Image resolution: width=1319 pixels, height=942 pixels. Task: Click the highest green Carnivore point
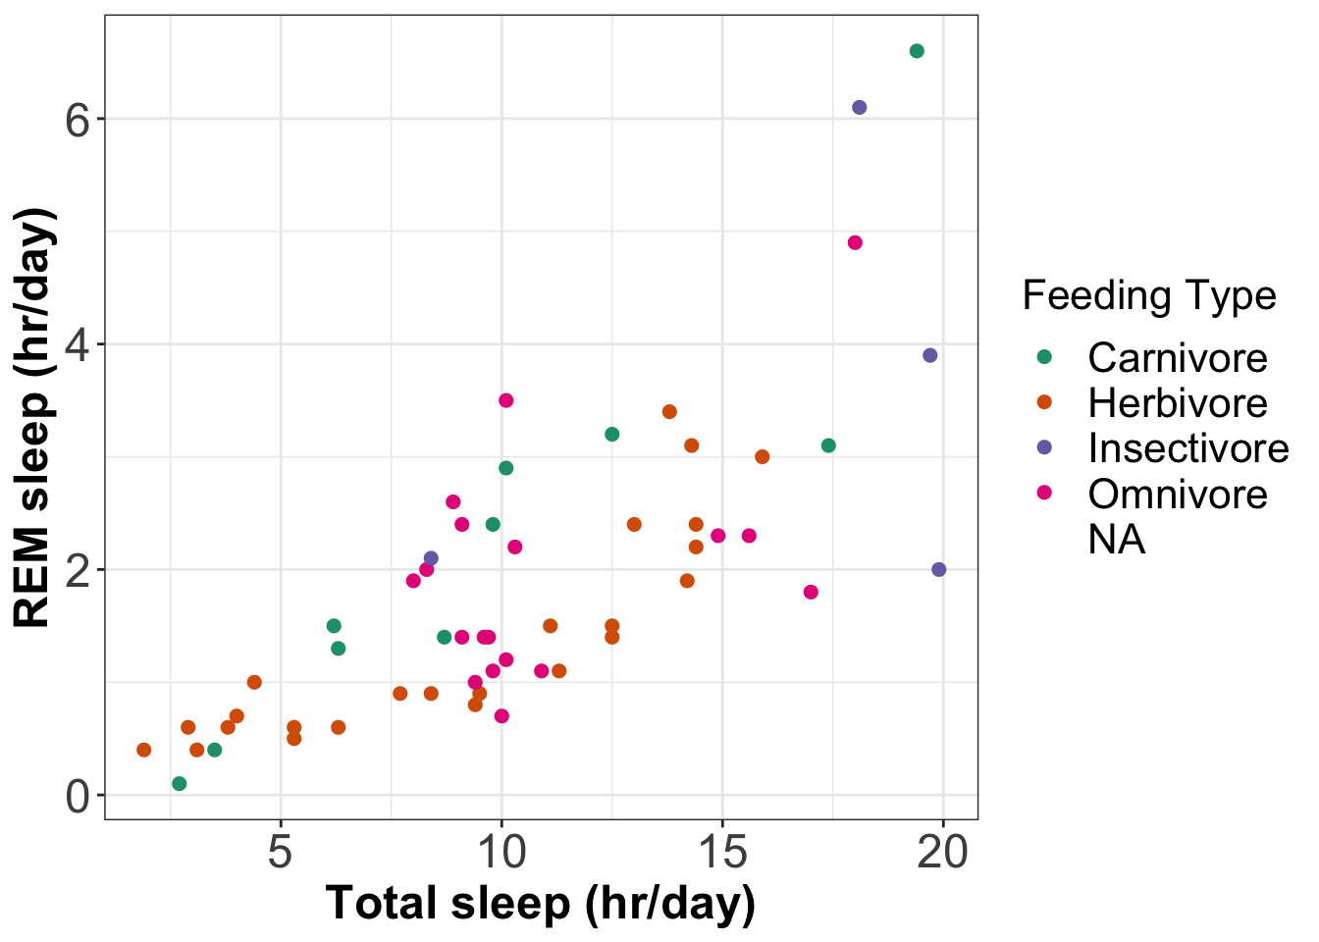[917, 51]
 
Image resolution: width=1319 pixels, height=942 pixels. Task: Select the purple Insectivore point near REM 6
[860, 107]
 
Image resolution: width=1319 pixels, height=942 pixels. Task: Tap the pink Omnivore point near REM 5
[855, 242]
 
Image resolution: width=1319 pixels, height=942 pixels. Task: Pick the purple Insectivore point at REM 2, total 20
[938, 569]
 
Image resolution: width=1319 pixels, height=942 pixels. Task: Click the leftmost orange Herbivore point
[144, 750]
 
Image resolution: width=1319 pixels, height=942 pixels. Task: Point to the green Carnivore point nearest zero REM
[180, 783]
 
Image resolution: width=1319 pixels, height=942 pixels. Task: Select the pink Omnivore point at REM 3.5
[506, 400]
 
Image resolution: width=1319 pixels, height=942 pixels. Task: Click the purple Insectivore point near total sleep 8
[431, 558]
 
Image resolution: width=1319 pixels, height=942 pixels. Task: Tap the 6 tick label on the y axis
[79, 120]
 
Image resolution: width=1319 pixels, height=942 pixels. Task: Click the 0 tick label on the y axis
[79, 797]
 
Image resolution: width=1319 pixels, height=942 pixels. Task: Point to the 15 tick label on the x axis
[722, 852]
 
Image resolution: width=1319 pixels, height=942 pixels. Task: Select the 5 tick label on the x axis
[281, 852]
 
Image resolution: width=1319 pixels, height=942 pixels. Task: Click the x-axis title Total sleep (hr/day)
[541, 904]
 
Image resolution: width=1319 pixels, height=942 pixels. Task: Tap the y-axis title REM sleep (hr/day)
[33, 417]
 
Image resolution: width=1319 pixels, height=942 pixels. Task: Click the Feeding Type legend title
[1149, 295]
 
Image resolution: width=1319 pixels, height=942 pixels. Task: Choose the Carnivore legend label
[1178, 358]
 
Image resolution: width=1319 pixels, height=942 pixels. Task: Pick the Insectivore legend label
[1188, 448]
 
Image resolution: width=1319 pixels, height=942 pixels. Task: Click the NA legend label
[1117, 540]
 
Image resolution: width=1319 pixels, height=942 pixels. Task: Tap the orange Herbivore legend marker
[1044, 402]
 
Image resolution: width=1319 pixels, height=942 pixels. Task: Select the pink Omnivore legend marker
[1044, 493]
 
